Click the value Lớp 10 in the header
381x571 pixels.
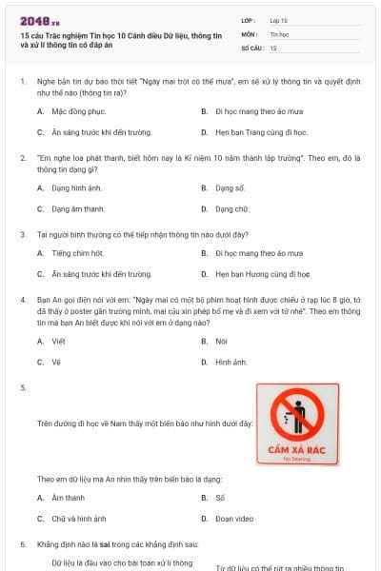point(278,19)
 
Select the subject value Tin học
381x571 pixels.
point(278,33)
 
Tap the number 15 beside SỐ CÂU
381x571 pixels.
point(274,47)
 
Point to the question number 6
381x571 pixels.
point(23,543)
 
